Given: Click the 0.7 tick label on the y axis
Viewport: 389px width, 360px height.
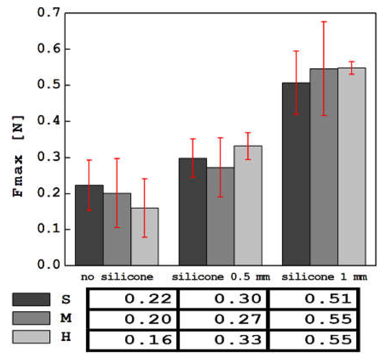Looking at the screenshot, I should (48, 13).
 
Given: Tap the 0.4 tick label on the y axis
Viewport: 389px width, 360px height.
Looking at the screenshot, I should (48, 121).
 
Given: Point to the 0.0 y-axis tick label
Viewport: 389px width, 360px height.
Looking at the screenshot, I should (48, 265).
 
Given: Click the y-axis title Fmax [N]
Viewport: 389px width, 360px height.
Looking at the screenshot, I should (18, 156).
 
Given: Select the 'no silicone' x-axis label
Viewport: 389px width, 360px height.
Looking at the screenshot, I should (117, 277).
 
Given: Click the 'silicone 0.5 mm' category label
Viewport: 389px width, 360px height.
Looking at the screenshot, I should (221, 277).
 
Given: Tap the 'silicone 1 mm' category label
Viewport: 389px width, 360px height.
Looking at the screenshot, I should (324, 277).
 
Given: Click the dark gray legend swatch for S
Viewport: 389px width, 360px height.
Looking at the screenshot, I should (31, 299).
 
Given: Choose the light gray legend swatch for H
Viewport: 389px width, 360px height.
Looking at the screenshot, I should (31, 337).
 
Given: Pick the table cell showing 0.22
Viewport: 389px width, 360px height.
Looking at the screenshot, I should (133, 299).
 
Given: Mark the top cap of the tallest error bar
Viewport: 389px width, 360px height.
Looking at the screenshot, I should (324, 22).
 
